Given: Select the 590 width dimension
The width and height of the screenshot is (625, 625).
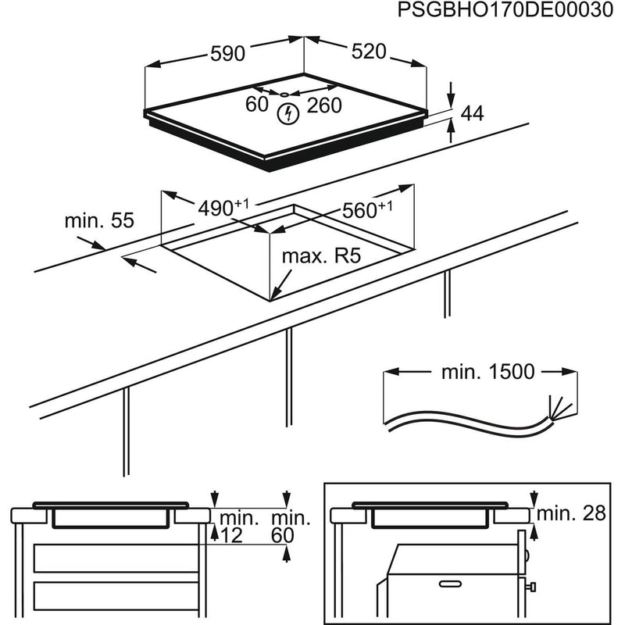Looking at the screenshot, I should point(227,53).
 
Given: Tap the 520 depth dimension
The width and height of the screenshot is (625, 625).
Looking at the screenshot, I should point(369,52).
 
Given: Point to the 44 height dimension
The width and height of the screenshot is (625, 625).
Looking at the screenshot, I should point(472,113).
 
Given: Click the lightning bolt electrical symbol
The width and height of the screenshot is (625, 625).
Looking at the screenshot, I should point(288,113).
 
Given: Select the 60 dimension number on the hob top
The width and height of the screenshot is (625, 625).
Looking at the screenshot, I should point(257,104).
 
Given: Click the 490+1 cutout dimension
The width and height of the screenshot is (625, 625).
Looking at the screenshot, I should point(223,207).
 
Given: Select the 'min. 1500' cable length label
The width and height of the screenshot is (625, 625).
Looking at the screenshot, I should point(487,372).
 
